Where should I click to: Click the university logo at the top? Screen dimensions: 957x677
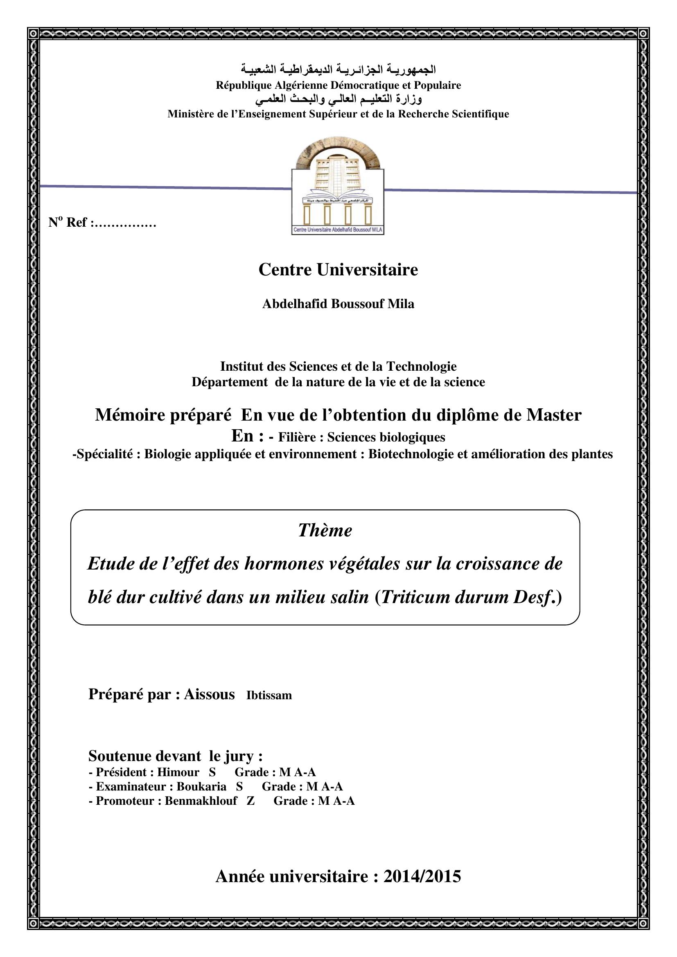click(338, 186)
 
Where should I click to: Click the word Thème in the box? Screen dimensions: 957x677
click(325, 530)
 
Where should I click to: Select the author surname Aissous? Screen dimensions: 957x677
click(209, 694)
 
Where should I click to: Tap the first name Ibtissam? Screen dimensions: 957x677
click(269, 695)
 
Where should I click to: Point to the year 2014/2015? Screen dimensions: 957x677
click(422, 876)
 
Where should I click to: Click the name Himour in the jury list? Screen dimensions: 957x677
click(178, 772)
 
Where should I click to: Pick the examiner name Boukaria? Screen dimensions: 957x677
click(201, 786)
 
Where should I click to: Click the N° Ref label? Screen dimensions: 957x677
click(68, 222)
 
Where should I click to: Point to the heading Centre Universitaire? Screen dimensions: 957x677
click(338, 270)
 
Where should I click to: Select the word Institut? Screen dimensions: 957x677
click(241, 366)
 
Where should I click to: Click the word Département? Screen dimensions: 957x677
click(230, 382)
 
